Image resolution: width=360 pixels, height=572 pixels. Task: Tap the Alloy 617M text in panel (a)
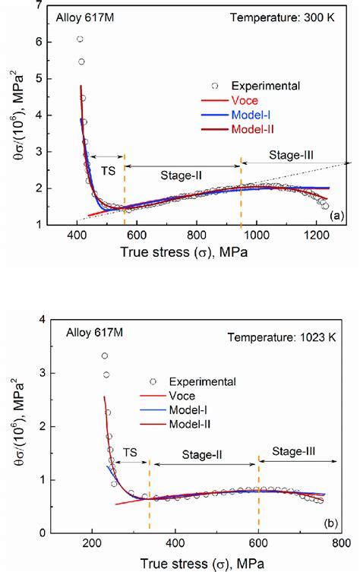(77, 15)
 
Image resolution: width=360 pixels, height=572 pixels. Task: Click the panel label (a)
(335, 216)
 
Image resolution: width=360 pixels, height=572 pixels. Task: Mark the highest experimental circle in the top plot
(81, 39)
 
